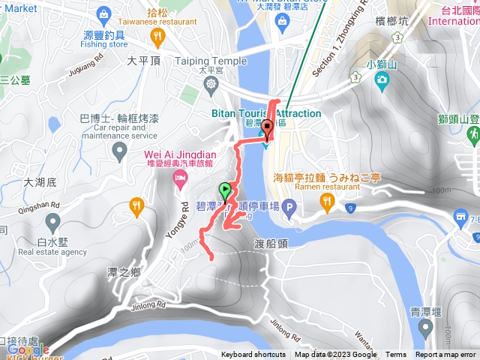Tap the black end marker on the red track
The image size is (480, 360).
tap(268, 127)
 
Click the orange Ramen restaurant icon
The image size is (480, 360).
tap(327, 202)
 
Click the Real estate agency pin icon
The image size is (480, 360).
tap(52, 222)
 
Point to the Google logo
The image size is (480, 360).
tap(27, 349)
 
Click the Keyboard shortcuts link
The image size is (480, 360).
tap(253, 355)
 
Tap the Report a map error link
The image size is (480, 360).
tap(447, 355)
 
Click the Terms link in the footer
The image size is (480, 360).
tap(396, 355)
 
